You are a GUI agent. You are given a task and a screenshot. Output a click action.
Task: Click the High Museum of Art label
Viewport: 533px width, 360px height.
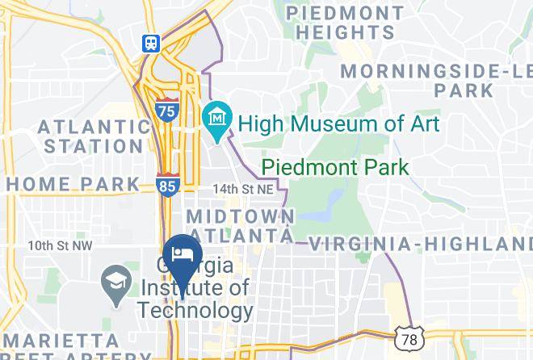click(339, 123)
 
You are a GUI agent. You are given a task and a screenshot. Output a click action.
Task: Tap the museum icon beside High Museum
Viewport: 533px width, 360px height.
click(217, 117)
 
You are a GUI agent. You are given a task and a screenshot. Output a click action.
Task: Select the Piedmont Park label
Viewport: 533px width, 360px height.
click(335, 168)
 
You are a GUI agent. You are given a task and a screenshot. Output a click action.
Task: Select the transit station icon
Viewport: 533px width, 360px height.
click(150, 44)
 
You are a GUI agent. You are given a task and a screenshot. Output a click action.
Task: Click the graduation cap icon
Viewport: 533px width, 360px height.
click(114, 284)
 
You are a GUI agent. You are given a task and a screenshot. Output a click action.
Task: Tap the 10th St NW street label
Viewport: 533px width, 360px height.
click(60, 245)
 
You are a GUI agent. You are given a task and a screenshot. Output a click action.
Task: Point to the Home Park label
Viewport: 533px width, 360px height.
click(73, 183)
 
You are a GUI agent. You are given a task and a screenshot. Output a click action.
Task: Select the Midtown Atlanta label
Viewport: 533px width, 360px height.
click(240, 225)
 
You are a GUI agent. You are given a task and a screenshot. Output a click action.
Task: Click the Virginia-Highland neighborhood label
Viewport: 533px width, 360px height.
click(421, 244)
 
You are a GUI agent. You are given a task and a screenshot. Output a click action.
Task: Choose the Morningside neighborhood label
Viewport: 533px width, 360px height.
click(436, 80)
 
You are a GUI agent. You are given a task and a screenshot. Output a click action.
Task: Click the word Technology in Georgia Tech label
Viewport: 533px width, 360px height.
click(195, 311)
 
